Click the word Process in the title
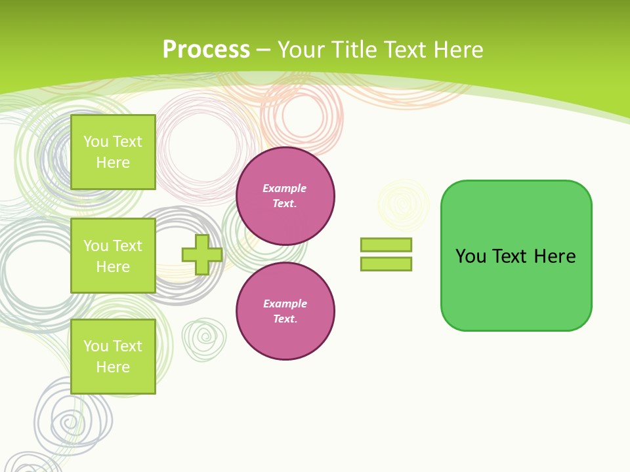pos(206,50)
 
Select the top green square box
pos(113,152)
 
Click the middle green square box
pos(113,256)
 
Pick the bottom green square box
pos(113,357)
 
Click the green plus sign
pos(202,255)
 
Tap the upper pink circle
pos(285,196)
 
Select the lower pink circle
pos(285,311)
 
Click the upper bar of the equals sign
pos(386,245)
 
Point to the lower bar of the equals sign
pos(386,264)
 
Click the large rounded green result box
pos(516,256)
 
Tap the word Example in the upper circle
pos(284,188)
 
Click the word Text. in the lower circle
pos(285,319)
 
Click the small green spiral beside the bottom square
pos(204,339)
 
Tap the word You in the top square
pos(96,142)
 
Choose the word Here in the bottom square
pos(113,367)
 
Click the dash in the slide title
pos(264,50)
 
